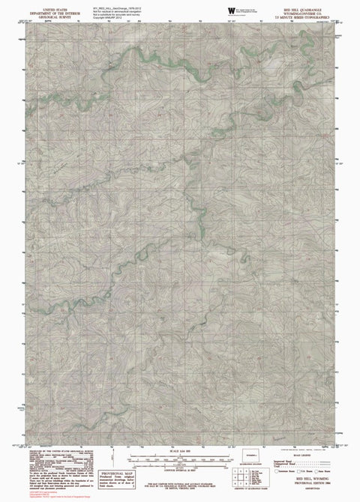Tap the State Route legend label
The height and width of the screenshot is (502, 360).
tap(324, 471)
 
